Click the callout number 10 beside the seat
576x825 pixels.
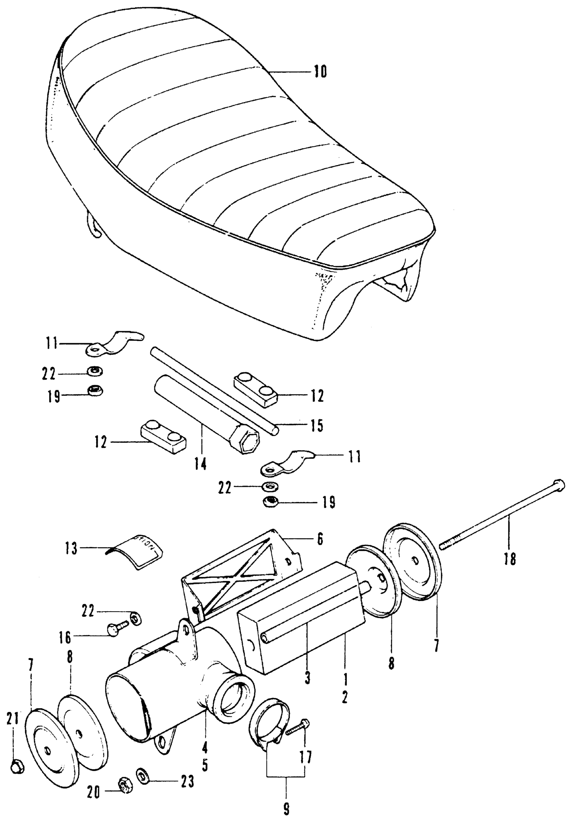pos(320,71)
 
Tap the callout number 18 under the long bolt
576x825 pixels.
pos(510,559)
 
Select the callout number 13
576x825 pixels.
pos(71,549)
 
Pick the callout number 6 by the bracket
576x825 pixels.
pos(320,539)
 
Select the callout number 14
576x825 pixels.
pos(201,465)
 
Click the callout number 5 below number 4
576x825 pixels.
pos(205,766)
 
